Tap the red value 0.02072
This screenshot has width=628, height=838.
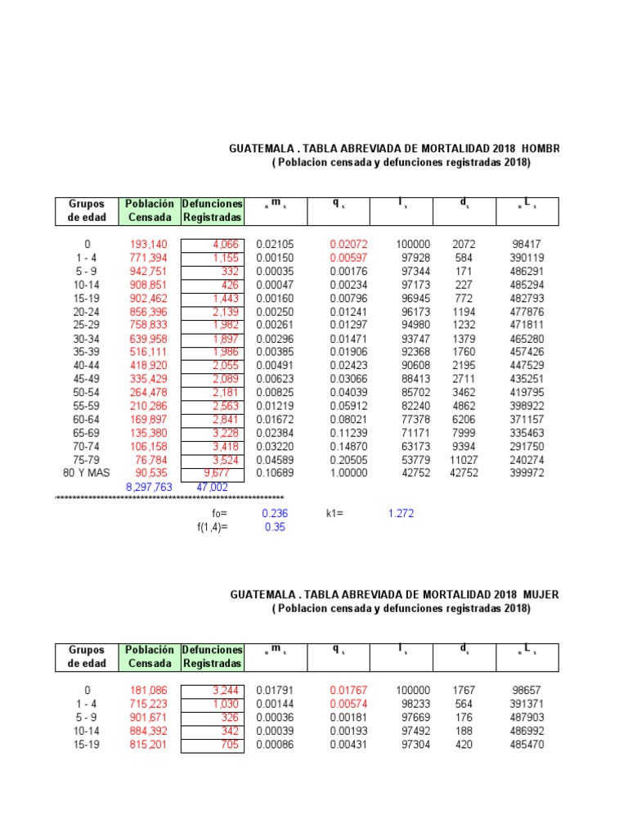point(349,244)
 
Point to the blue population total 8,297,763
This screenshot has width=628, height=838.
point(150,486)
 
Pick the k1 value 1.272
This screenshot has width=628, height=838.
point(401,513)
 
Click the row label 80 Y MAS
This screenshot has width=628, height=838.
point(87,472)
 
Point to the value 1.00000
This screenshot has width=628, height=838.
point(349,472)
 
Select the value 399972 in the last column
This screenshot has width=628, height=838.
point(527,472)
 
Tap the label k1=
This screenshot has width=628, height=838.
point(334,513)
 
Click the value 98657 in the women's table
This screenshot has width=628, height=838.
point(527,690)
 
